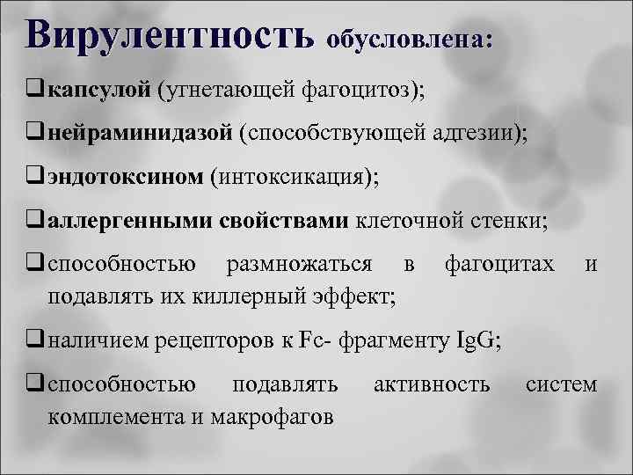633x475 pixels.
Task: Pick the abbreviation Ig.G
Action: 470,340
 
